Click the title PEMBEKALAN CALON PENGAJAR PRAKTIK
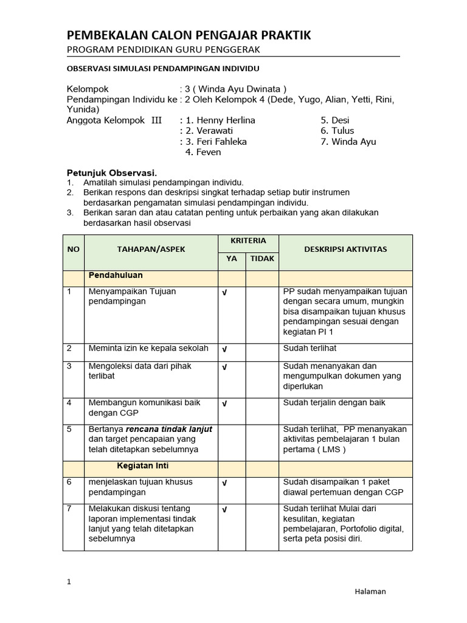pos(189,36)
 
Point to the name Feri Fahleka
pos(221,142)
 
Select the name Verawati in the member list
pos(214,131)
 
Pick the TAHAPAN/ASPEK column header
pos(151,249)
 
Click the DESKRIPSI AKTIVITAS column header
pos(345,249)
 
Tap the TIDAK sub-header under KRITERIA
pos(262,259)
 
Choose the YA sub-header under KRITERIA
pos(232,259)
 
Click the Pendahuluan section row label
pos(116,276)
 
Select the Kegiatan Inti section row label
pos(143,466)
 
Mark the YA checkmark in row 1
pos(224,293)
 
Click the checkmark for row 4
pos(224,403)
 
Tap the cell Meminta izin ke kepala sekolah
pos(148,349)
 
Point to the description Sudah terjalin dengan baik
pos(334,403)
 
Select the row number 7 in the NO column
pos(69,509)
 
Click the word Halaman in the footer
pos(370,591)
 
